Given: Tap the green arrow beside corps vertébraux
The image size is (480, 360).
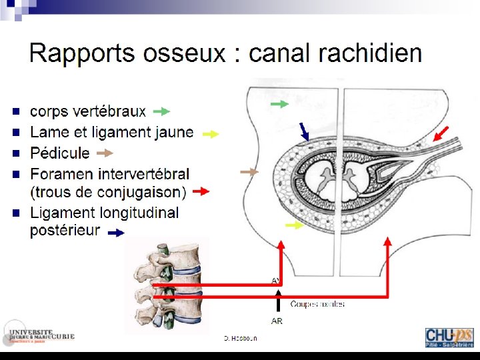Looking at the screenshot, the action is click(x=161, y=111).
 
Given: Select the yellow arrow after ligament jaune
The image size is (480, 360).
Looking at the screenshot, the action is click(x=210, y=134).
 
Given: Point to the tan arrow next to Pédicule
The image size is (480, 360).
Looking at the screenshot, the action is click(x=105, y=153).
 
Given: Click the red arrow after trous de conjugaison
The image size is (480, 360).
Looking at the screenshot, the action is click(x=201, y=193).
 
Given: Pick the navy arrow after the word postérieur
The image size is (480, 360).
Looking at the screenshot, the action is click(x=116, y=233).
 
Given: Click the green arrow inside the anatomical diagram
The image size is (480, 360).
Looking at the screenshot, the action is click(x=280, y=104).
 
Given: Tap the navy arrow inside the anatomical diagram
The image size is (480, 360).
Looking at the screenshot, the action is click(x=303, y=131).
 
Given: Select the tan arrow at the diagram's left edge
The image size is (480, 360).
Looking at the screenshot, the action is click(x=249, y=172).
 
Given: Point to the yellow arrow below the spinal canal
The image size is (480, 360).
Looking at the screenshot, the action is click(x=294, y=225).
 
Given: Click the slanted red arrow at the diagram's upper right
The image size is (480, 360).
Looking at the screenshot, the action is click(x=442, y=134).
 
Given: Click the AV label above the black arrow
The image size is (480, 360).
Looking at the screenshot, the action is click(x=276, y=281).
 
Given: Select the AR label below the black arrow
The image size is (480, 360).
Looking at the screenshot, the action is click(x=277, y=321).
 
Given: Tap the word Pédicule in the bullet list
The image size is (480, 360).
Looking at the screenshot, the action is click(x=60, y=153).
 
